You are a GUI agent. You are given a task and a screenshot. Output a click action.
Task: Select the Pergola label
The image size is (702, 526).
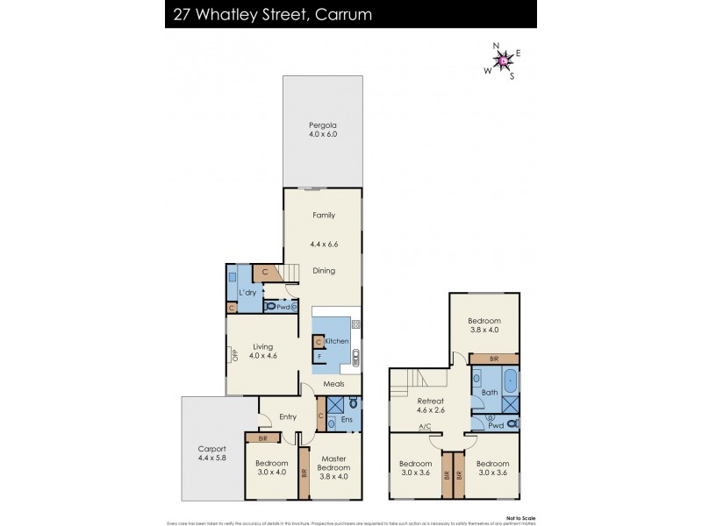[x=323, y=124]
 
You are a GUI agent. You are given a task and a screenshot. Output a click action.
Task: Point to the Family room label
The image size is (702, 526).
[x=324, y=215]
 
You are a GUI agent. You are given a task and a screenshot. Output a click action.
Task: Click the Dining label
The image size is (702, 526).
[x=324, y=271]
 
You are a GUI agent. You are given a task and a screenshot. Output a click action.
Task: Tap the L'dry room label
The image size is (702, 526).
[x=247, y=292]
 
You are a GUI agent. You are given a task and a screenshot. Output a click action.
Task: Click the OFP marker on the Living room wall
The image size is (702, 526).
[x=234, y=355]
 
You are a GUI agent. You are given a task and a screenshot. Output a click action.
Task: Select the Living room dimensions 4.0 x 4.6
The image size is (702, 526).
[x=263, y=356]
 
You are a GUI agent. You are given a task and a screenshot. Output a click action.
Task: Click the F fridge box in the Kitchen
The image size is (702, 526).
[x=319, y=357]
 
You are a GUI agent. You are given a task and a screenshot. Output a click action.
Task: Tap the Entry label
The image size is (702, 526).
[x=288, y=416]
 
